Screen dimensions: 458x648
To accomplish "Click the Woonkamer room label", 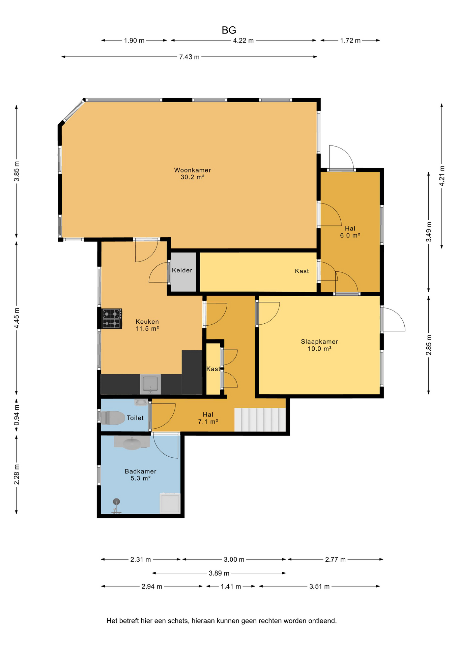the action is pos(193,170).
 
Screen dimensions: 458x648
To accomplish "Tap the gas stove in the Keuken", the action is pos(112,319).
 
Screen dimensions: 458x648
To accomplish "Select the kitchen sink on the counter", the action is pos(150,384).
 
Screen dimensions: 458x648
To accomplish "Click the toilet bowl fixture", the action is pos(113,418).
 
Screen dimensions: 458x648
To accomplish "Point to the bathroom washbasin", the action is pos(132,443).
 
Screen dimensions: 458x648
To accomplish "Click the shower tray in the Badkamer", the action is pos(170,503).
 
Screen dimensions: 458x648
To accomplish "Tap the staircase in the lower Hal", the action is pos(260,420).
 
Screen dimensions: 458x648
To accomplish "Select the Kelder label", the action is pos(182,270).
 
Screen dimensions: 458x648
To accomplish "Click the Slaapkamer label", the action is pos(319,342).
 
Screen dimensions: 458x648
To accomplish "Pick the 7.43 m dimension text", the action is pos(189,57).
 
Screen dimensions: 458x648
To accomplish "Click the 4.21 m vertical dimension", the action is pos(442,175).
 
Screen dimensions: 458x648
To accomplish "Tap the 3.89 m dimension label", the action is pos(219,573).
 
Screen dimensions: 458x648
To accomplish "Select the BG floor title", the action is pos(229,30).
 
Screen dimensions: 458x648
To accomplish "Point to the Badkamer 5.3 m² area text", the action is pos(140,478).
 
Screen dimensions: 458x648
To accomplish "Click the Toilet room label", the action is pos(135,418).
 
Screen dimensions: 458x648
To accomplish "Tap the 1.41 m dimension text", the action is pos(231,587).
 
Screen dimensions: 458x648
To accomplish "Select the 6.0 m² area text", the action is pos(350,236).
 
